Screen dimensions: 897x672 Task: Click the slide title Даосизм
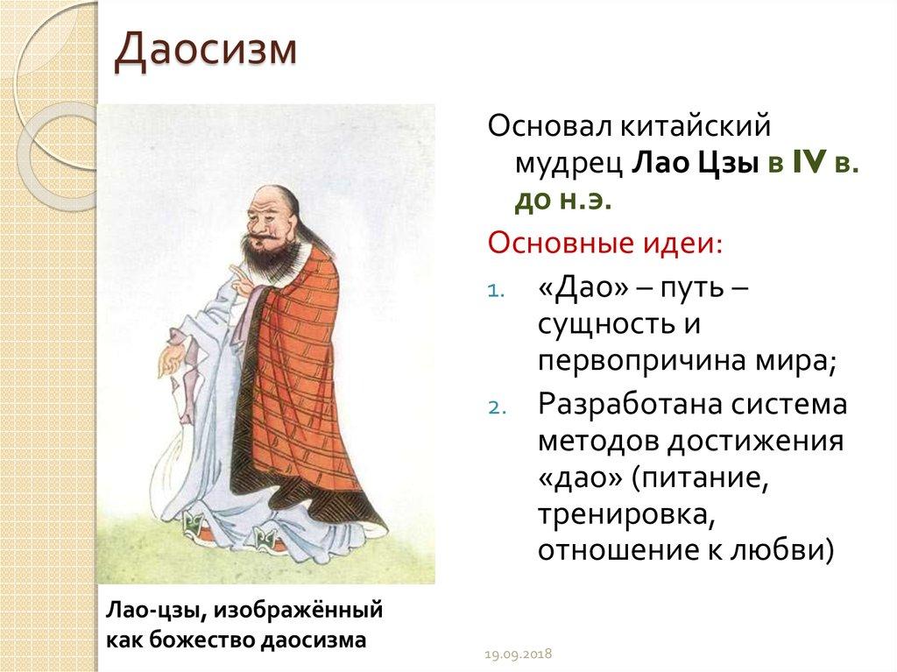coord(206,50)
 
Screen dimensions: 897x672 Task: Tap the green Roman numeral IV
coord(809,164)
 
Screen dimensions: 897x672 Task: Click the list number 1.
coord(496,292)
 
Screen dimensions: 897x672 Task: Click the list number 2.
coord(496,408)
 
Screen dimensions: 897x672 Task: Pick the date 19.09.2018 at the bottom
coord(519,654)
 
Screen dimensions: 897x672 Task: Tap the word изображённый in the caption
coord(298,611)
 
